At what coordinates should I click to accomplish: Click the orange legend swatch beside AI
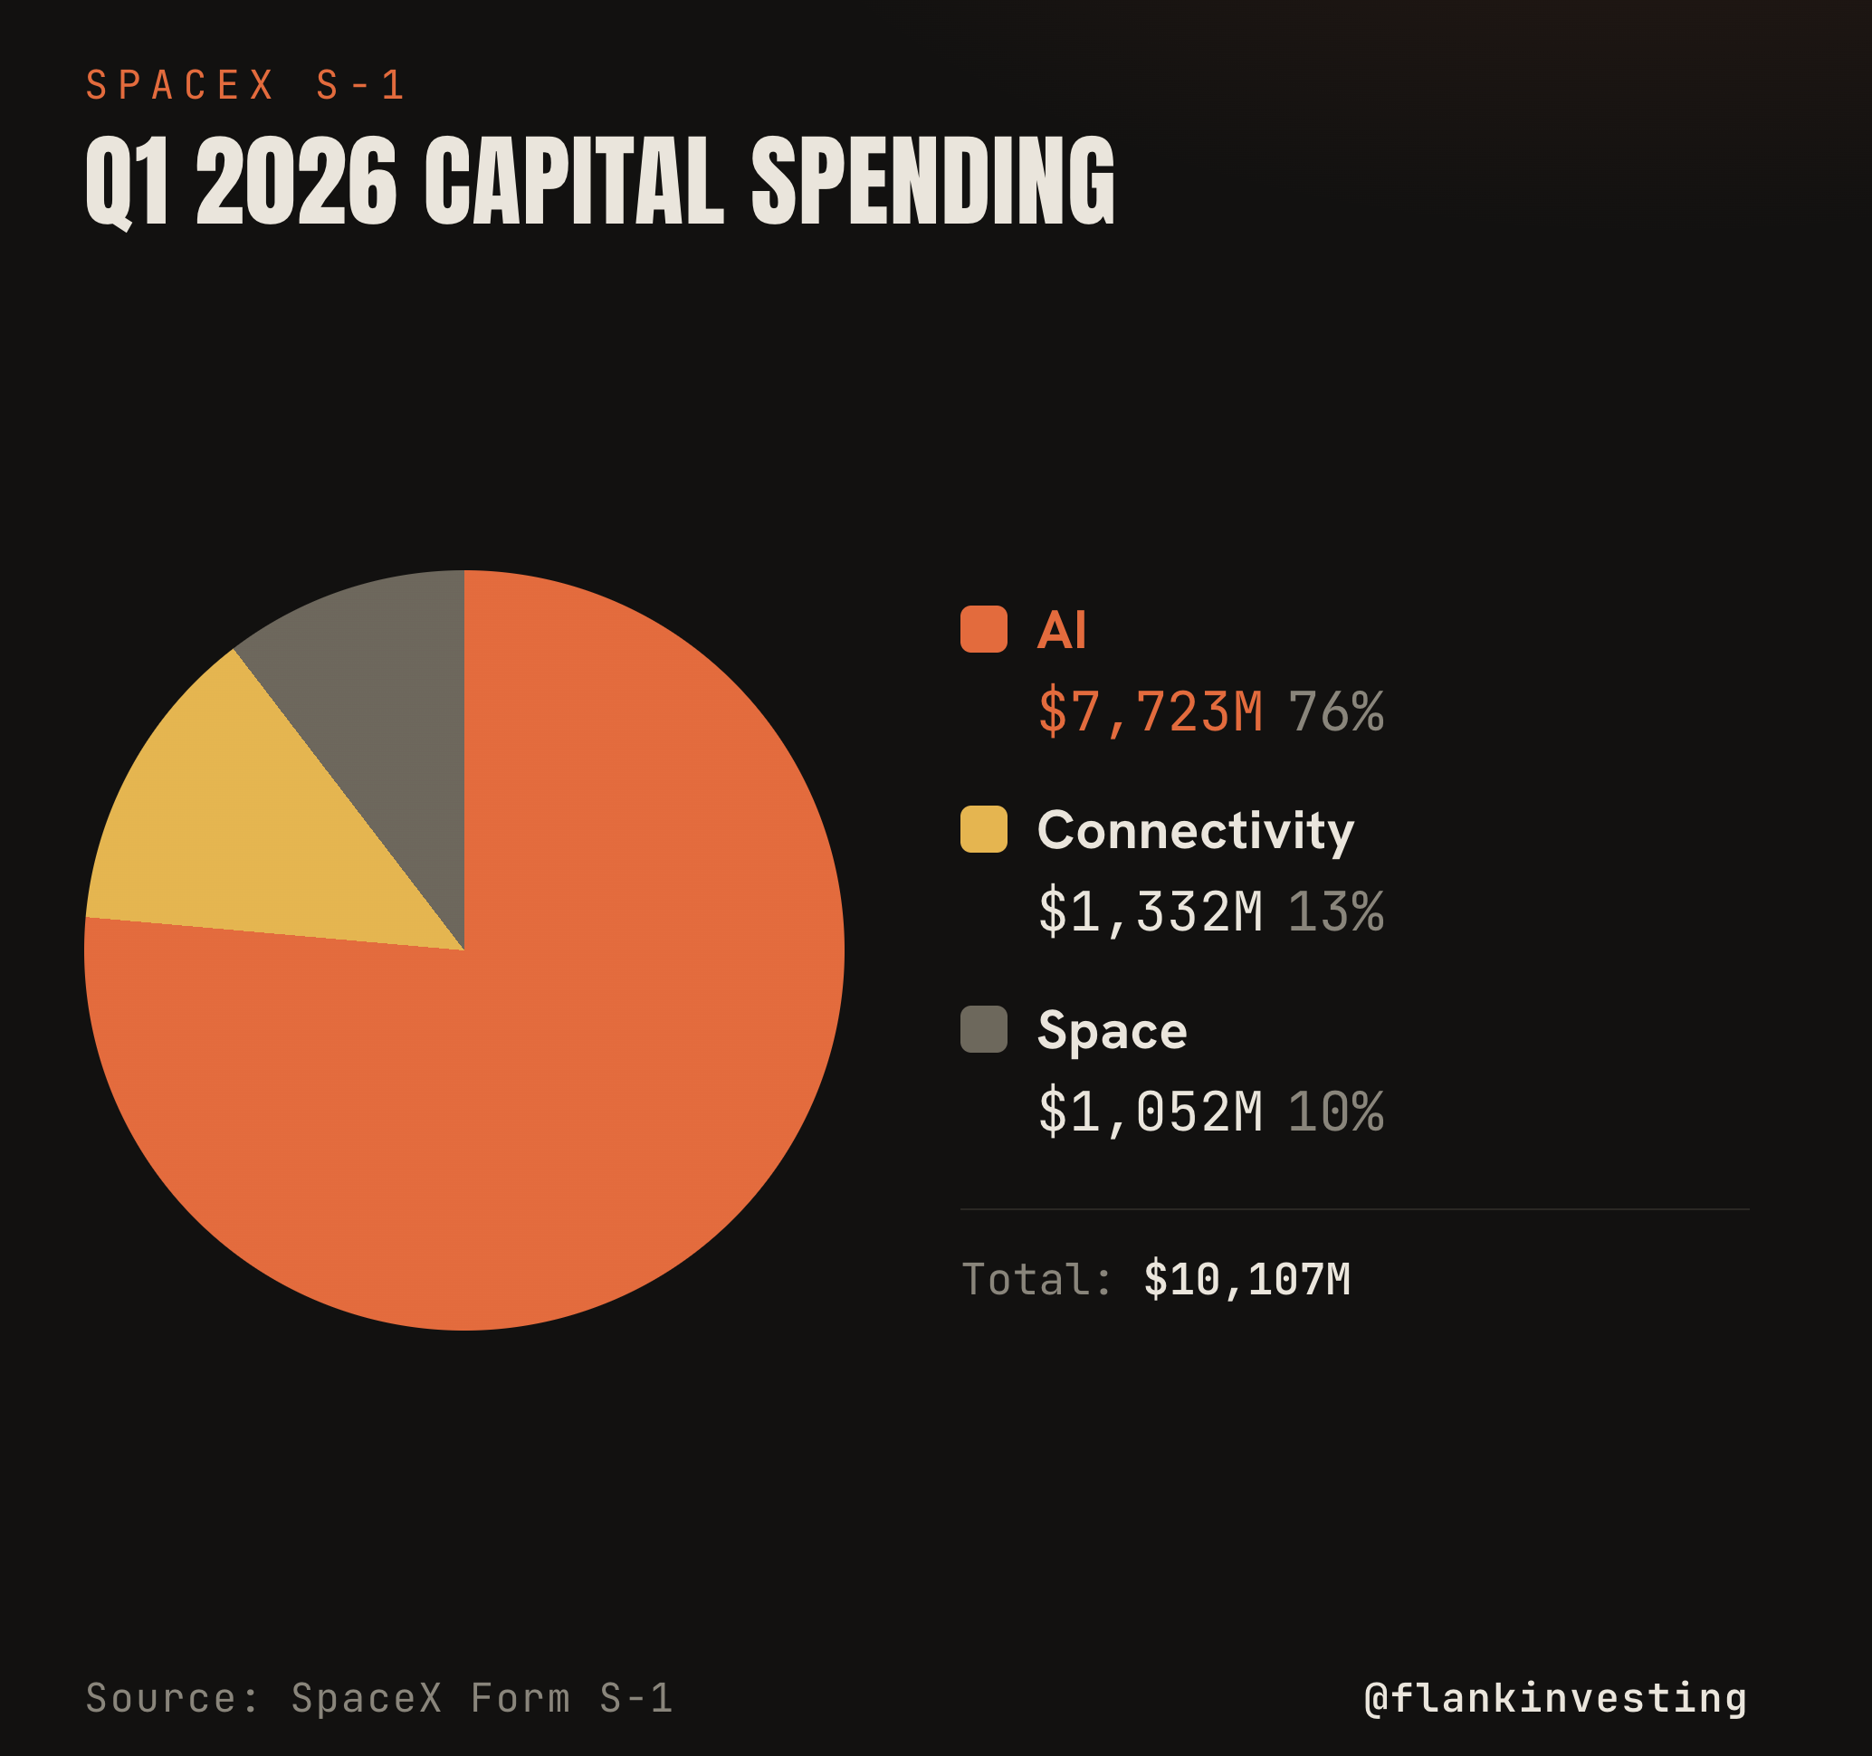pos(983,629)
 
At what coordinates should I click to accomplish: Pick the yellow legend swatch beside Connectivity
pos(983,828)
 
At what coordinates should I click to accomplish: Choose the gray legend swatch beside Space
pos(983,1029)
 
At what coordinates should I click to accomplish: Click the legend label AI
pos(1061,629)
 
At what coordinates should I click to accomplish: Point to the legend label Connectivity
pos(1196,830)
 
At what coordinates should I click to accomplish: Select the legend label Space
pos(1113,1031)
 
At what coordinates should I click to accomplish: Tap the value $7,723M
pos(1150,711)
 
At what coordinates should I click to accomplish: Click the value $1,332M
pos(1150,911)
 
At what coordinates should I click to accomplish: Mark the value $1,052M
pos(1150,1112)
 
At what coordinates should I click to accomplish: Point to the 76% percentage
pos(1336,711)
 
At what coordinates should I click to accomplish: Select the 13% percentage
pos(1336,911)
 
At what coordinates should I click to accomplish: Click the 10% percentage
pos(1336,1112)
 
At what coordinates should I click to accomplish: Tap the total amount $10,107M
pos(1247,1280)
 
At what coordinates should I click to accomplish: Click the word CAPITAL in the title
pos(575,180)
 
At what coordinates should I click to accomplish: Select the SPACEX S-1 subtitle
pos(244,86)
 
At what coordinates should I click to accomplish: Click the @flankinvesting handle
pos(1555,1699)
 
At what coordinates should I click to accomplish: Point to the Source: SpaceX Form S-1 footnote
pos(379,1699)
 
